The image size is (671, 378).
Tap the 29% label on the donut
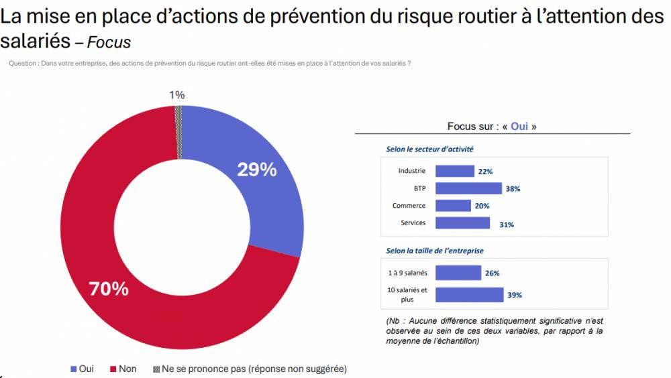(x=257, y=170)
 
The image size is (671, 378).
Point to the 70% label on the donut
(x=109, y=289)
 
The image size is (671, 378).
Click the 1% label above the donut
(x=176, y=95)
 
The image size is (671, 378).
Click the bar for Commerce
(x=453, y=206)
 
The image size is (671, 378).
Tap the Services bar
(x=462, y=223)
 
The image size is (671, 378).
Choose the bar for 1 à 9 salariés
(x=458, y=273)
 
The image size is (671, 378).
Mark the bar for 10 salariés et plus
(x=469, y=295)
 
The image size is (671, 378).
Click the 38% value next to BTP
(x=513, y=189)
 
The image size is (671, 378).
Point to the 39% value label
(x=515, y=296)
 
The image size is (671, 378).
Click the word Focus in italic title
(x=109, y=42)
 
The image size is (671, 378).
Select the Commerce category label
(x=409, y=206)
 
